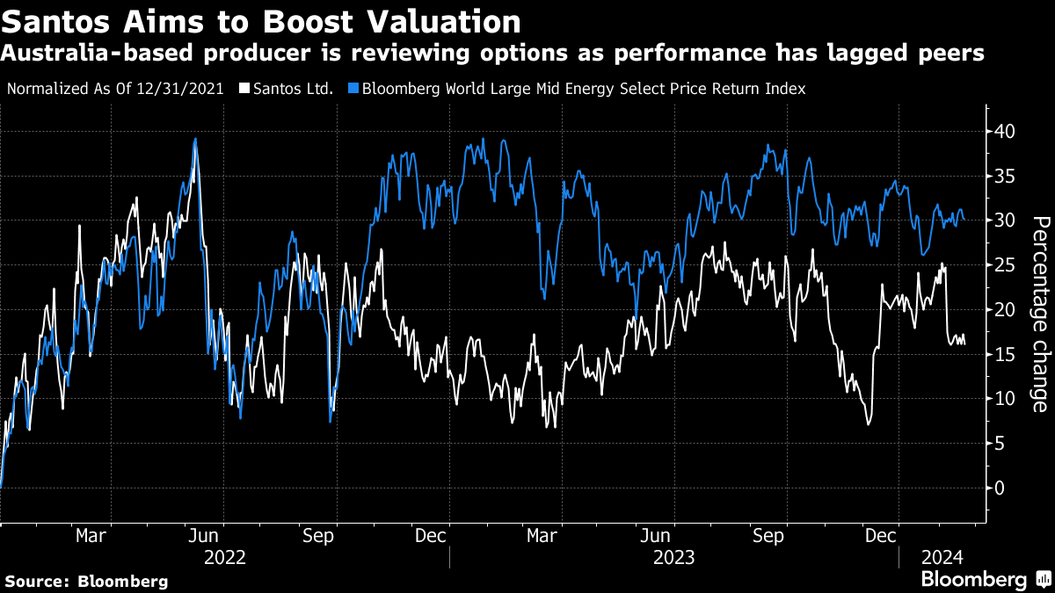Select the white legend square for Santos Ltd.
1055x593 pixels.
[244, 89]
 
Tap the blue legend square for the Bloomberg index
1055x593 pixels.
[353, 89]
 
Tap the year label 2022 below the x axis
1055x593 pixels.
[224, 557]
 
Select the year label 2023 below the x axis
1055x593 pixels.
[674, 557]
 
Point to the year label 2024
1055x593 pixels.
[943, 557]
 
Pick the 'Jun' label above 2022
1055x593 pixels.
[203, 535]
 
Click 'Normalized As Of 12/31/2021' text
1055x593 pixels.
[114, 89]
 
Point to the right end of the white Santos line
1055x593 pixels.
[964, 344]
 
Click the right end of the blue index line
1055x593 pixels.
[964, 218]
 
